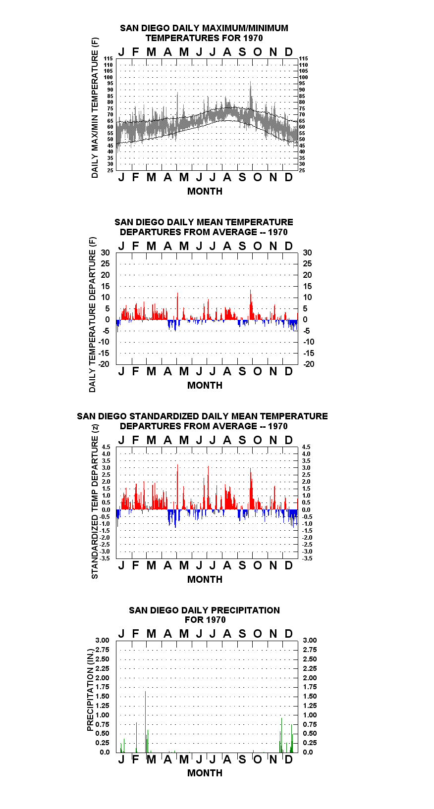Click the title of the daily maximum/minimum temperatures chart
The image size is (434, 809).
pyautogui.click(x=204, y=33)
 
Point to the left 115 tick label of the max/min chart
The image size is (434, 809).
pyautogui.click(x=108, y=58)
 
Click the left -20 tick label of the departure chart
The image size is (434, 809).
pyautogui.click(x=104, y=364)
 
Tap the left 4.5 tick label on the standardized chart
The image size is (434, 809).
pyautogui.click(x=106, y=447)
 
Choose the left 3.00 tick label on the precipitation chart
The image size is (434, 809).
pyautogui.click(x=102, y=640)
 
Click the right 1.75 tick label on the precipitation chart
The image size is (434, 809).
pyautogui.click(x=310, y=687)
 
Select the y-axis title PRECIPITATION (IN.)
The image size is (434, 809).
pyautogui.click(x=90, y=690)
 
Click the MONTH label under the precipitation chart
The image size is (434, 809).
pyautogui.click(x=205, y=773)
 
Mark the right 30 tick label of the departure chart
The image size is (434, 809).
pyautogui.click(x=307, y=253)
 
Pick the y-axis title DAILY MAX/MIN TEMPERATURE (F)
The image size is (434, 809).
pyautogui.click(x=95, y=107)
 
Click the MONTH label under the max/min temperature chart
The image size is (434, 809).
pyautogui.click(x=205, y=192)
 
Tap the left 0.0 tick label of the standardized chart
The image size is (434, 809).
pyautogui.click(x=106, y=510)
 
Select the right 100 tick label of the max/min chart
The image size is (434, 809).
pyautogui.click(x=304, y=77)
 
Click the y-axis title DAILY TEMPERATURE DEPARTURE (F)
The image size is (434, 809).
pyautogui.click(x=93, y=314)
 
